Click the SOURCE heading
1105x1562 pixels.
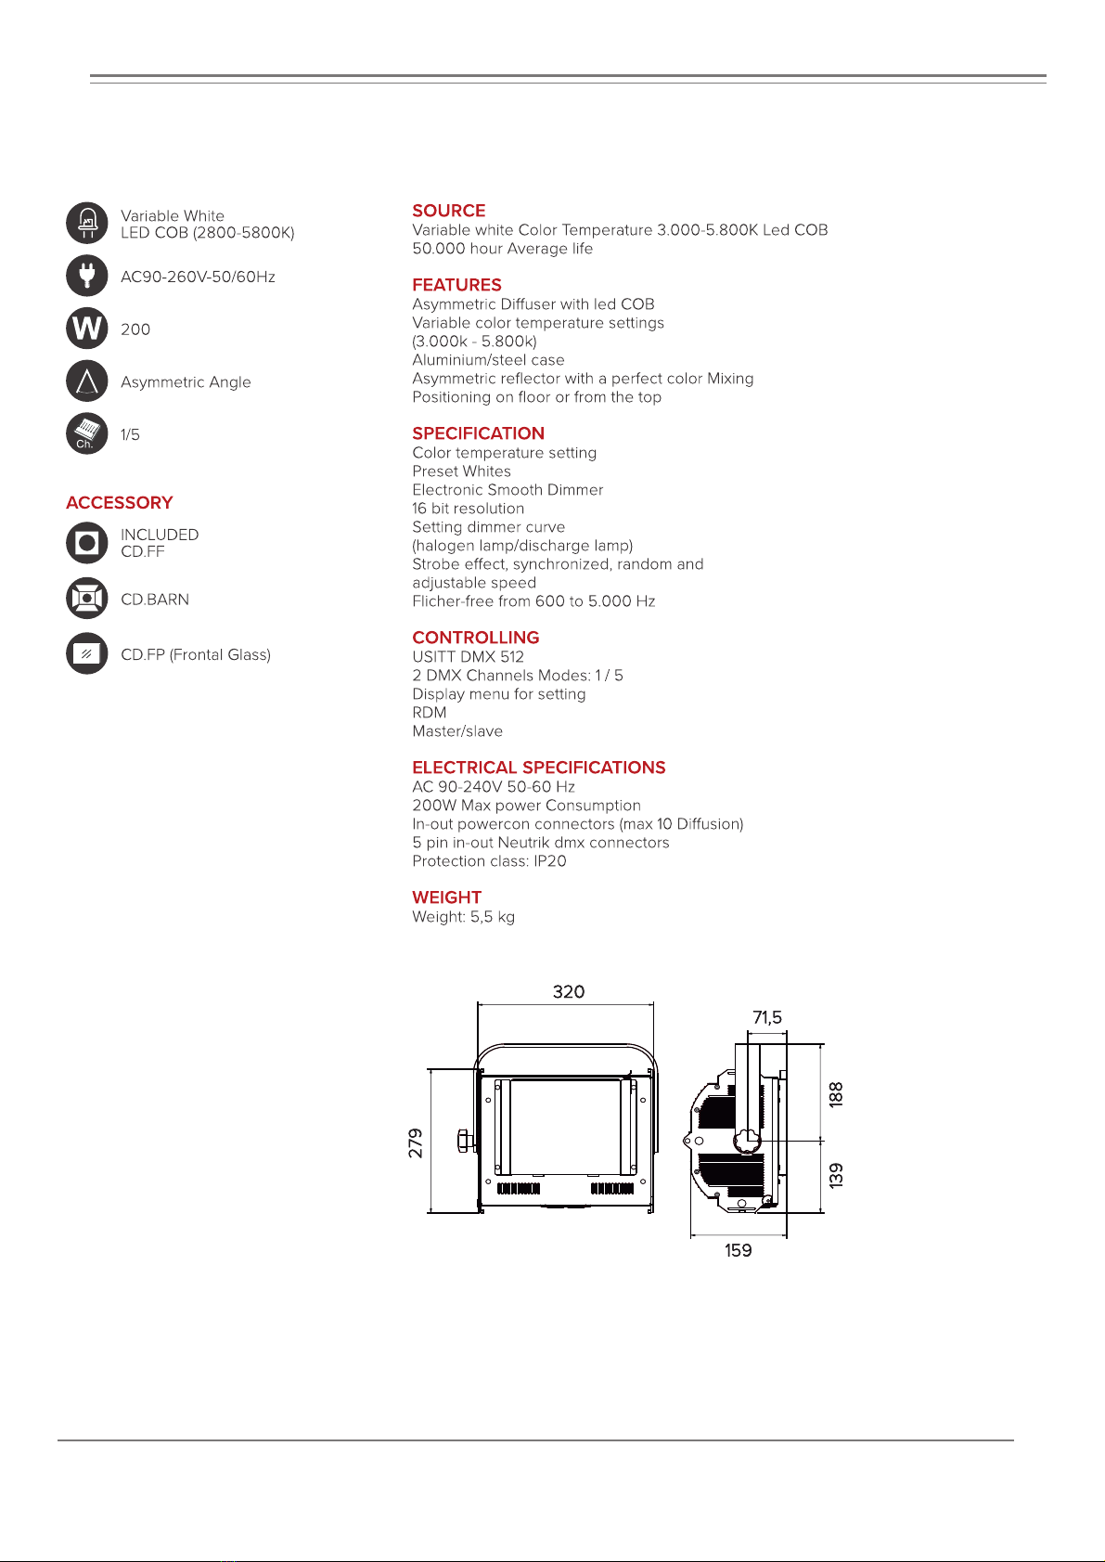click(448, 211)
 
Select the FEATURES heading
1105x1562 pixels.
click(456, 285)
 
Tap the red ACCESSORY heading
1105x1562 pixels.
click(119, 503)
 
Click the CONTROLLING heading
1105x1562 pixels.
click(475, 638)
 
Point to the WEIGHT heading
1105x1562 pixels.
click(447, 897)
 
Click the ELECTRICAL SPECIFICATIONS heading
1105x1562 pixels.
click(539, 767)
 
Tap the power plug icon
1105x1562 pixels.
click(87, 276)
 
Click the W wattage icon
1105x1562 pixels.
click(87, 329)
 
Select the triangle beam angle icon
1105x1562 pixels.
click(87, 381)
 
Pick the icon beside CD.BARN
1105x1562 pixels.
click(87, 599)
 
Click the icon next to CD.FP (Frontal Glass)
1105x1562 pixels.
click(87, 653)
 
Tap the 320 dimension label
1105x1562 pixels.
click(568, 991)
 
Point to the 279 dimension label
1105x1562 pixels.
click(416, 1143)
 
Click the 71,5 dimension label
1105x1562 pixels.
click(767, 1017)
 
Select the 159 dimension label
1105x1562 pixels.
click(739, 1250)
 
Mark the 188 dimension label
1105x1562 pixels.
click(836, 1095)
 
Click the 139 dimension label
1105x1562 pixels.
click(836, 1176)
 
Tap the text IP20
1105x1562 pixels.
click(550, 861)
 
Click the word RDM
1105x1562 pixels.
click(430, 713)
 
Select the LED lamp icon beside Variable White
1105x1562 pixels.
click(87, 223)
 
